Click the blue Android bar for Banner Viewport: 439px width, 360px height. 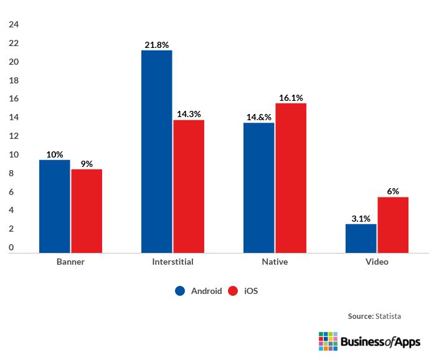coord(55,206)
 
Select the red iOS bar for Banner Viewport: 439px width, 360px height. coord(87,211)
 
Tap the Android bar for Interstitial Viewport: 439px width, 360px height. coord(156,151)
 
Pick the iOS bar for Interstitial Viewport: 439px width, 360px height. coord(189,186)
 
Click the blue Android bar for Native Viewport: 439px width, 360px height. coord(258,187)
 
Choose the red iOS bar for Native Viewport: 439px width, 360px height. coord(291,178)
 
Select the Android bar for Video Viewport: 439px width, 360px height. coord(361,238)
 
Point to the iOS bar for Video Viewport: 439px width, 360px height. coord(393,225)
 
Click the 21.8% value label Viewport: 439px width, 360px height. coord(156,45)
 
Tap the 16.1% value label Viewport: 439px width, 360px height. coord(291,98)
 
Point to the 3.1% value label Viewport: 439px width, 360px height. coord(361,219)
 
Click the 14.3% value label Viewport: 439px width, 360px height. coord(189,115)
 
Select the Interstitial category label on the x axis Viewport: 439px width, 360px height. coord(172,262)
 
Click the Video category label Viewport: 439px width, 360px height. coord(377,262)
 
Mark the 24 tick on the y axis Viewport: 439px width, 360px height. coord(14,25)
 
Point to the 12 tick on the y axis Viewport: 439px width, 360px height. coord(14,136)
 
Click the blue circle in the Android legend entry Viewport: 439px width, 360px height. coord(181,291)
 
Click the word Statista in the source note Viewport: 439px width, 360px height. coord(389,316)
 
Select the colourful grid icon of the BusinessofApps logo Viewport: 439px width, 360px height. coord(328,341)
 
